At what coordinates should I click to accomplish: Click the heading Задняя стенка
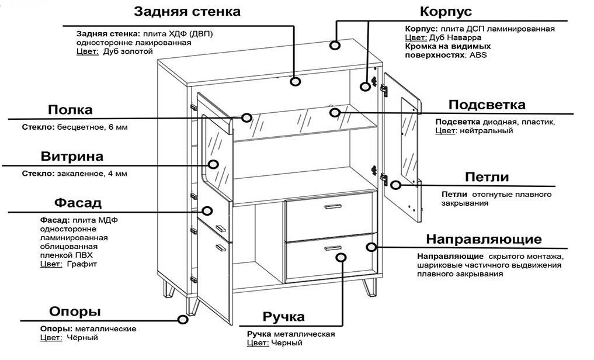[187, 12]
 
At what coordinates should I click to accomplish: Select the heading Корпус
[446, 12]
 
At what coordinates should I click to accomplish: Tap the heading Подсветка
[487, 105]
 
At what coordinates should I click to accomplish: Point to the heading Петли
[487, 177]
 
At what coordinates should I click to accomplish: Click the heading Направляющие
[484, 239]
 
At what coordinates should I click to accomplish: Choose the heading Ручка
[283, 317]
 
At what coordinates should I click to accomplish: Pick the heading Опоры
[74, 311]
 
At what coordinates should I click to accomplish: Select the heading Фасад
[78, 203]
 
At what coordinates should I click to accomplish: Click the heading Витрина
[72, 157]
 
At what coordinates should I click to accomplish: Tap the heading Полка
[70, 110]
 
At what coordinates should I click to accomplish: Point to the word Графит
[82, 264]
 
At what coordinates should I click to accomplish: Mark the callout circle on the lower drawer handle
[341, 257]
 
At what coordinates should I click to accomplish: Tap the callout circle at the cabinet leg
[183, 320]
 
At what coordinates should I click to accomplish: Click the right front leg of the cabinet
[369, 287]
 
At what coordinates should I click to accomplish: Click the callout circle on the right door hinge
[395, 185]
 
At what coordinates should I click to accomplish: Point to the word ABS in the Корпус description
[478, 55]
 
